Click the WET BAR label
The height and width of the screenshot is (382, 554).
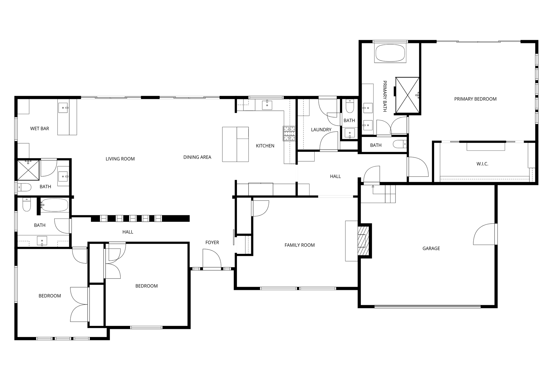pos(39,129)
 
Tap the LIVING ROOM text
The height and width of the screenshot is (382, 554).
pos(120,159)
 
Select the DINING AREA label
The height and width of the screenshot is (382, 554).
pos(197,157)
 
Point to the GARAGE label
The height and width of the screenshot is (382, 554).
pos(431,249)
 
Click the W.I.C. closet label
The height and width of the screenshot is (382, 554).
pos(482,164)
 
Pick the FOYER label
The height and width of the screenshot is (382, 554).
pos(212,243)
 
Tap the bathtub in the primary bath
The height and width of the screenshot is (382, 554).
pos(390,53)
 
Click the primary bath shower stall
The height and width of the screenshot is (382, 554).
pos(407,95)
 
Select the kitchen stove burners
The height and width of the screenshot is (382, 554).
pos(289,133)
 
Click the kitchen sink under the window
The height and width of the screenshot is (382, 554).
pos(267,105)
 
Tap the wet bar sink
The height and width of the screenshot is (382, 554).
pos(63,107)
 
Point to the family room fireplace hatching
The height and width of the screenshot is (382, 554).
pos(363,241)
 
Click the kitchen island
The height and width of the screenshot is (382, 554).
pos(235,144)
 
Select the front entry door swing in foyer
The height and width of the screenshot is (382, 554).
pos(212,258)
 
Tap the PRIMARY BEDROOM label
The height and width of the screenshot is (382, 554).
pos(475,99)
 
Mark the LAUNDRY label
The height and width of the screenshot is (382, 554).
pos(321,130)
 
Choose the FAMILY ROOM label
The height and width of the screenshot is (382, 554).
pos(300,245)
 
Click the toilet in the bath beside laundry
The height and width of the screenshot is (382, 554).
pos(350,106)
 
